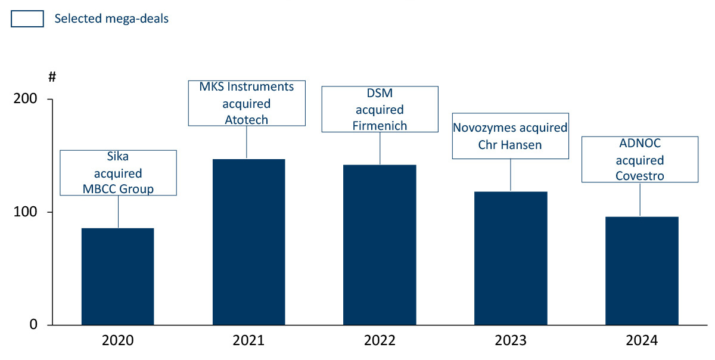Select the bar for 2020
pos(117,277)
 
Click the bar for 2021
pos(248,242)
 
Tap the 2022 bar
pos(380,244)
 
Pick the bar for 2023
pos(511,258)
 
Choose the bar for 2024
pos(642,271)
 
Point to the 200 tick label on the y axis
pos(25,99)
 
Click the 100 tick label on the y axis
pos(25,212)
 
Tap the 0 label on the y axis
pos(33,325)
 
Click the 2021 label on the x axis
pos(248,341)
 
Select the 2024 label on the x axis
pos(642,341)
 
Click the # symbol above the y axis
pos(52,76)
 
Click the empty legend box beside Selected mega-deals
pos(27,19)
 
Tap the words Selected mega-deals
pos(111,19)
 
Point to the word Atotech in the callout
pos(247,119)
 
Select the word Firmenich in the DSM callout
pos(380,125)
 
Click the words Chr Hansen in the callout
pos(510,145)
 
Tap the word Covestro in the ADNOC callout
pos(640,175)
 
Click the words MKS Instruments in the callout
pos(247,87)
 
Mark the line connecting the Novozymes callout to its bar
pos(511,175)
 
